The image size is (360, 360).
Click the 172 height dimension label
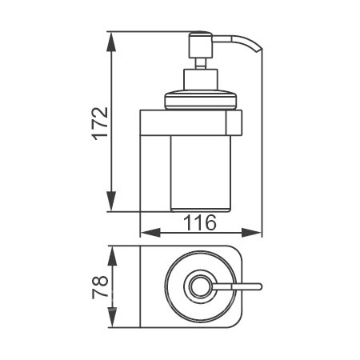pos(101,124)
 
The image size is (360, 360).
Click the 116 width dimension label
pos(200,222)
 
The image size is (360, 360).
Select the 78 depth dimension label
pos(101,287)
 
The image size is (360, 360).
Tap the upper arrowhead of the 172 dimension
pos(111,42)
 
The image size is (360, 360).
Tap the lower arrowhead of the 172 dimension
pos(111,201)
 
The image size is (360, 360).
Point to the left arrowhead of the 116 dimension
pos(150,233)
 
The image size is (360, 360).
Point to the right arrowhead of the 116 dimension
pos(251,233)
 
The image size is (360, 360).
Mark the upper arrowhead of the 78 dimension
pos(112,256)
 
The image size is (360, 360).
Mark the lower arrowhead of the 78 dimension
pos(112,318)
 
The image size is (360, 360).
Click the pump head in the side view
pos(200,45)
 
